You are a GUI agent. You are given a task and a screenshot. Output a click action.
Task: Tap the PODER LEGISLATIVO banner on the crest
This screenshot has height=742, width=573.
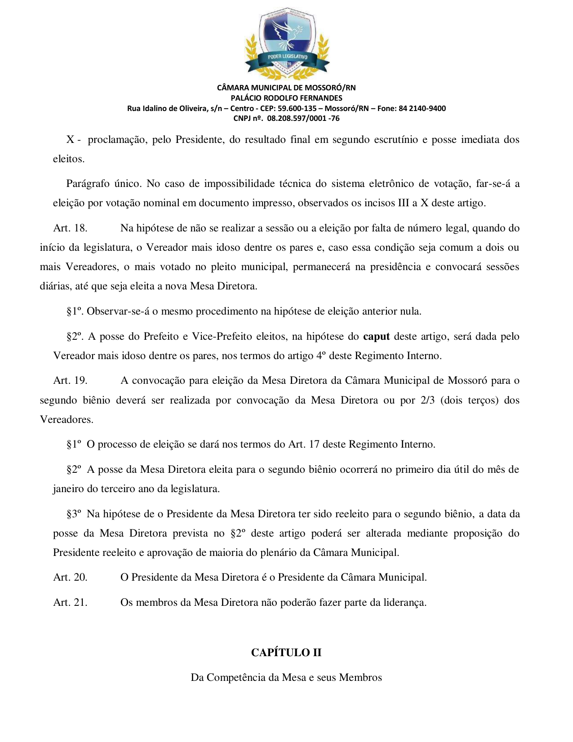coord(287,57)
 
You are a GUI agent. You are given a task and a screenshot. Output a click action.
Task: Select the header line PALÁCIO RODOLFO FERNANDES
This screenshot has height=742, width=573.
coord(286,98)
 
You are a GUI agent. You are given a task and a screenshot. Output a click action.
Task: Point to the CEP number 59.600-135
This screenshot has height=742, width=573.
coord(297,108)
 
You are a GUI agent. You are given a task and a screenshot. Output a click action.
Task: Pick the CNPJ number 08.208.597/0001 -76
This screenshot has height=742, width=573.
coord(303,119)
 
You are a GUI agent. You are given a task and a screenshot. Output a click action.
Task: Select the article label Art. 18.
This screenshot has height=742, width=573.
coord(70,228)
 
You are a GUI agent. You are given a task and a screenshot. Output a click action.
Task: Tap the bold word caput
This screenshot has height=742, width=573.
coord(376,337)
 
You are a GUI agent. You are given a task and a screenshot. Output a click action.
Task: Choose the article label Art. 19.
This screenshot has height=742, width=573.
coord(70,381)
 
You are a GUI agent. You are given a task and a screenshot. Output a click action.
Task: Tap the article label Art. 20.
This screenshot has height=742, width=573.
coord(70,578)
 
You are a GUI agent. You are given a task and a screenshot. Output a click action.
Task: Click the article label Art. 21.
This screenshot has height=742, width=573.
coord(70,603)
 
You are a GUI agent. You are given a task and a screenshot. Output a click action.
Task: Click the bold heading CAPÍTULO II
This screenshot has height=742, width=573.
coord(286,653)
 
